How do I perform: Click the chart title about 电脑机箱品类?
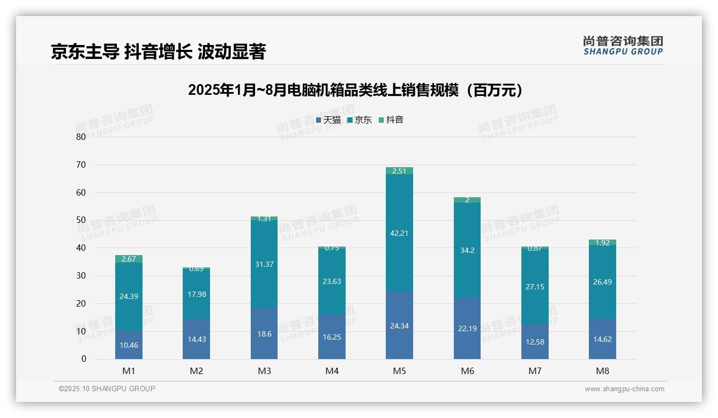[x=355, y=90]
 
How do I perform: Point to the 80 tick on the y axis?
[x=81, y=137]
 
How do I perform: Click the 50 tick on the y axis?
[x=81, y=220]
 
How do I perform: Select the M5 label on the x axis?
[x=400, y=371]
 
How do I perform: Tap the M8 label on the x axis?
[x=602, y=371]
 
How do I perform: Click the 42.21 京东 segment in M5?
[x=400, y=233]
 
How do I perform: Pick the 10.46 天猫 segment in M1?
[x=129, y=345]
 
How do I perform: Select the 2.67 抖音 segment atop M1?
[x=129, y=259]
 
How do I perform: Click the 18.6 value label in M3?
[x=264, y=334]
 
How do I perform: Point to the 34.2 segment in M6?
[x=467, y=250]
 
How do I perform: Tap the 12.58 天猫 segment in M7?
[x=535, y=342]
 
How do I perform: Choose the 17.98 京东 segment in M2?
[x=196, y=294]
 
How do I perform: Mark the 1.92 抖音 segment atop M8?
[x=602, y=242]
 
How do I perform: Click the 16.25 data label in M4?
[x=332, y=337]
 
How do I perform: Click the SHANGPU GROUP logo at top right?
[x=623, y=45]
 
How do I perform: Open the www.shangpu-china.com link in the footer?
[x=624, y=389]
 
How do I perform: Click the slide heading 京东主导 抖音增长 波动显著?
[x=159, y=52]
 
